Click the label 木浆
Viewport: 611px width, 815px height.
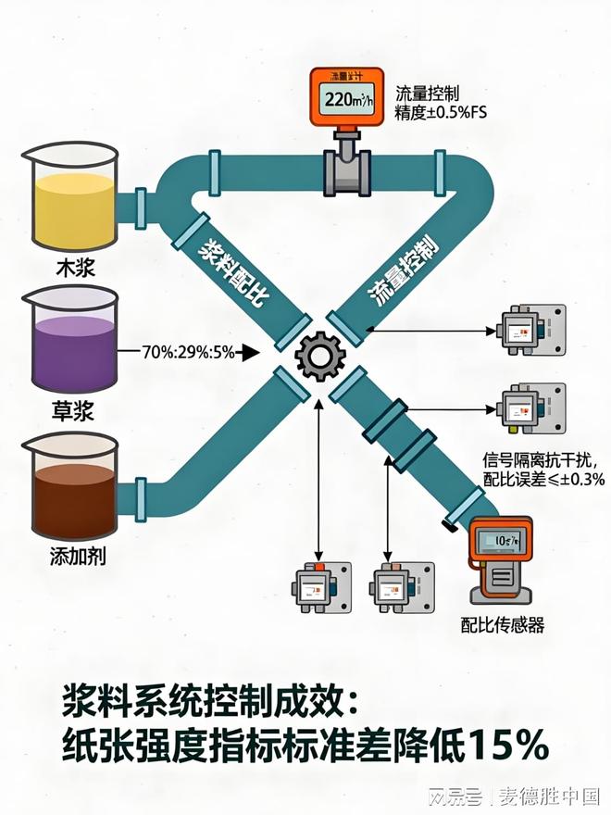click(74, 270)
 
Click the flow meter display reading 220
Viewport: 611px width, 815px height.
click(347, 101)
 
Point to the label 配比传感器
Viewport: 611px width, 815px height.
click(504, 625)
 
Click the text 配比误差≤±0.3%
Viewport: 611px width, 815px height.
click(543, 479)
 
